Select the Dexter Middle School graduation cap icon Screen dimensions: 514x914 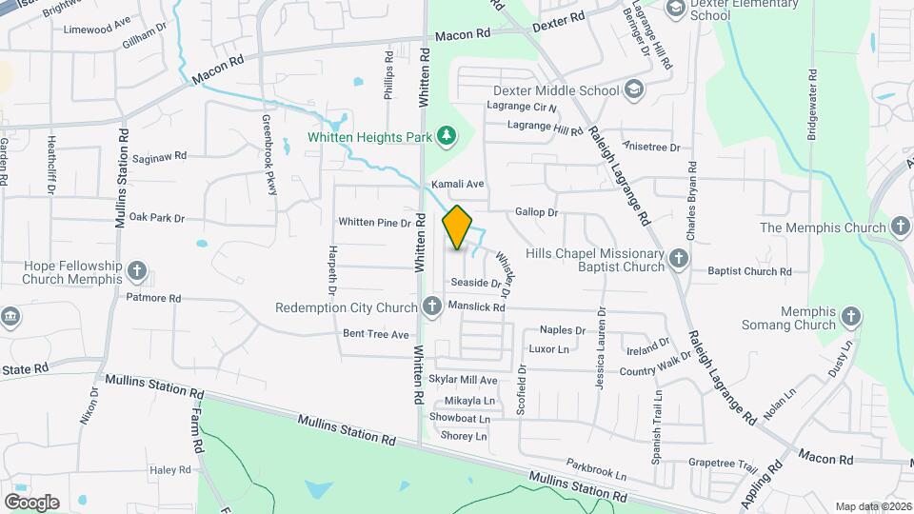633,90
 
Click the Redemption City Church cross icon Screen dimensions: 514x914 432,306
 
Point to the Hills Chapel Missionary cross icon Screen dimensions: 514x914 677,258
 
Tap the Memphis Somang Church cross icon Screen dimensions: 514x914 851,316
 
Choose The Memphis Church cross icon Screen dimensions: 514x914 901,227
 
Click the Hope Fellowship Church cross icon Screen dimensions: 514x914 137,271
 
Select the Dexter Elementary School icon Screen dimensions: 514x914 676,9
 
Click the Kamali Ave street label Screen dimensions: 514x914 458,184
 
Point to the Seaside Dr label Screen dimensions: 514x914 475,283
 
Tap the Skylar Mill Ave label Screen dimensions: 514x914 464,380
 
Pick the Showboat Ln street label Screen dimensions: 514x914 459,418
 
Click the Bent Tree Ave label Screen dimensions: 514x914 375,334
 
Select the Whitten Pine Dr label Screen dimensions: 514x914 374,222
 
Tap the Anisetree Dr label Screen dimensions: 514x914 650,148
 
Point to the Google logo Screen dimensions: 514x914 31,502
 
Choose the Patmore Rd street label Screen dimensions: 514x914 153,298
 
